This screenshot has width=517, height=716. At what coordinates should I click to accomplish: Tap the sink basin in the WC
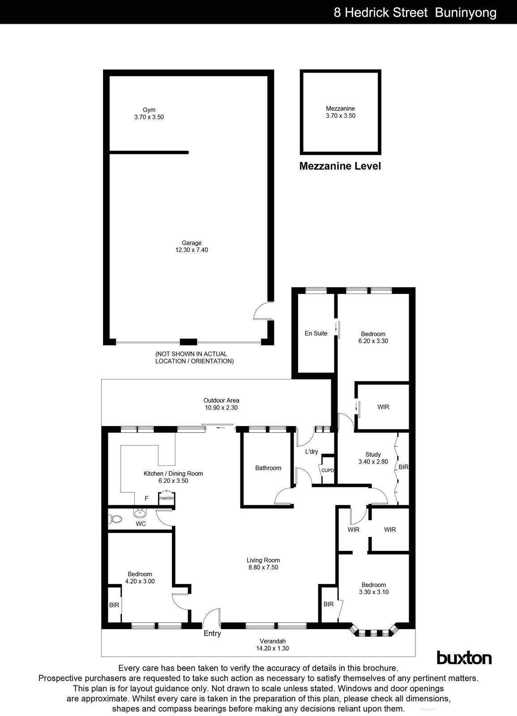[x=140, y=513]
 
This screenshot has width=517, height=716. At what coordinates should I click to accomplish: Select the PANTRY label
[x=167, y=498]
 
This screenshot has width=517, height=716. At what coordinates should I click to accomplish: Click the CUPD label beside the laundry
[x=328, y=470]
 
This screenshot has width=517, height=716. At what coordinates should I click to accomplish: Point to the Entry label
[x=212, y=633]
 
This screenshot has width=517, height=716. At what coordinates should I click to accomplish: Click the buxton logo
[x=464, y=658]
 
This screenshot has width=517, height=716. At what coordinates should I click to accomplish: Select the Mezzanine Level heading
[x=340, y=166]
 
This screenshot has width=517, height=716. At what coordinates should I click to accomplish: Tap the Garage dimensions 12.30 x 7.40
[x=192, y=250]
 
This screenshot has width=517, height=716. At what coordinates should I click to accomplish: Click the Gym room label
[x=149, y=110]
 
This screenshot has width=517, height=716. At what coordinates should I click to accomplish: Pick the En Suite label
[x=316, y=333]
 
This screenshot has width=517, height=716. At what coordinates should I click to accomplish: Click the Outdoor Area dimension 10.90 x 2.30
[x=221, y=408]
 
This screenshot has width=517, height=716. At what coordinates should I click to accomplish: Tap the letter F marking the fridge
[x=146, y=499]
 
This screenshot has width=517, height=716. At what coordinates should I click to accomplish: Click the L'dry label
[x=312, y=452]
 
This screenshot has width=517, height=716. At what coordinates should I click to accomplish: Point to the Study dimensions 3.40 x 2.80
[x=373, y=462]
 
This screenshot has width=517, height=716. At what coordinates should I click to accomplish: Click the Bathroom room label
[x=268, y=468]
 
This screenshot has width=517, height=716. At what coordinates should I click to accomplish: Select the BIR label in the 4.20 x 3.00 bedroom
[x=114, y=605]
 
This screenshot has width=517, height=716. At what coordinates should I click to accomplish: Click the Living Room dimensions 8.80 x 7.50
[x=263, y=567]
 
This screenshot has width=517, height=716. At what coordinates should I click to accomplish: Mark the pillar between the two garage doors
[x=188, y=342]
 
